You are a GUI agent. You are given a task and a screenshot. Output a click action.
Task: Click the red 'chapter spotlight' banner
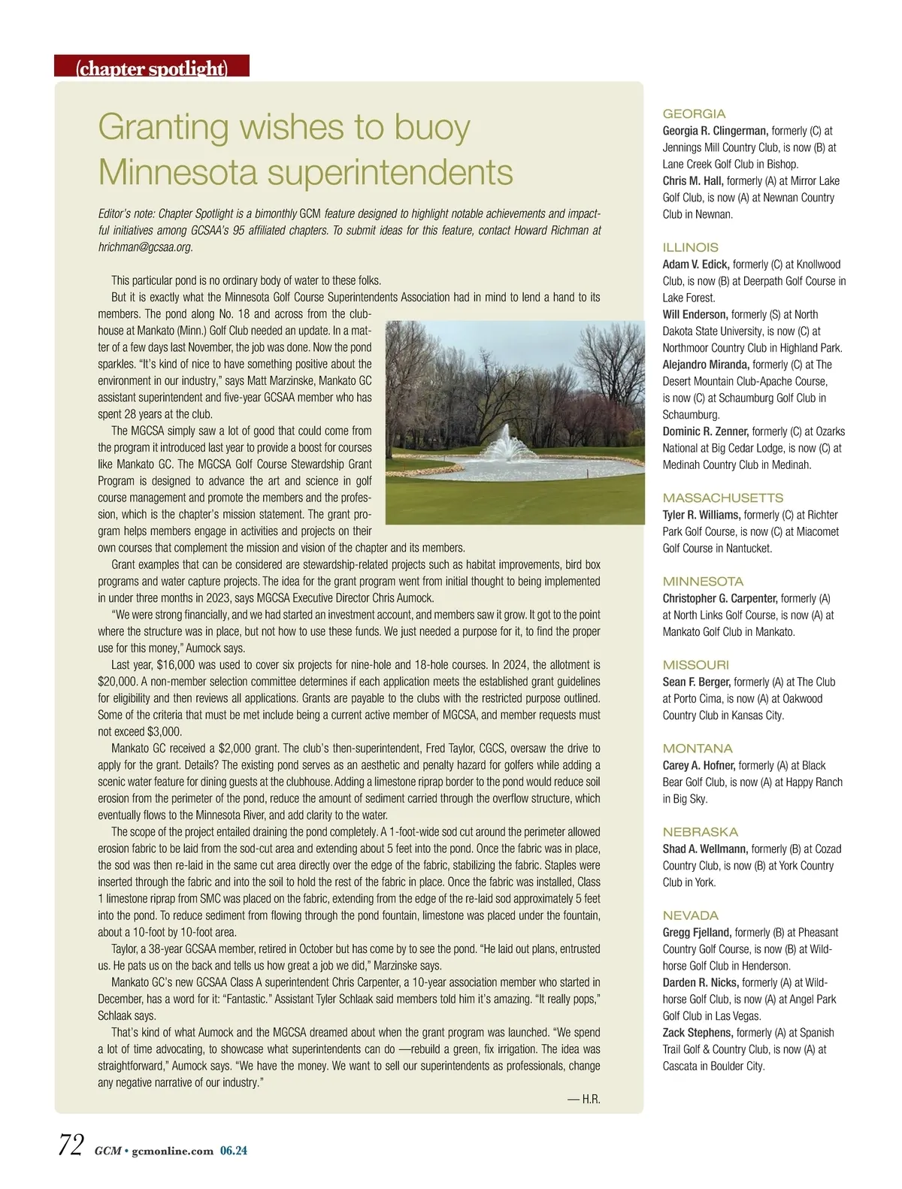click(152, 68)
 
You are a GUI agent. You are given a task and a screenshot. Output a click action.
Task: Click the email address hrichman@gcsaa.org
click(145, 247)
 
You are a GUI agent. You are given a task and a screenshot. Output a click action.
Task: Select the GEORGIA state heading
click(694, 114)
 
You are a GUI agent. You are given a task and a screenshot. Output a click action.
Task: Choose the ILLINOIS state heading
click(690, 247)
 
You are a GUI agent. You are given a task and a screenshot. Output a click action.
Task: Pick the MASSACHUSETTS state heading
click(722, 498)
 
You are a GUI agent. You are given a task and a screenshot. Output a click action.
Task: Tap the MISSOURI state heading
click(695, 665)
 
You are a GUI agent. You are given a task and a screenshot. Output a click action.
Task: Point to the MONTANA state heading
click(697, 749)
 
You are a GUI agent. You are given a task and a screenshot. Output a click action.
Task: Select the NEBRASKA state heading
click(700, 832)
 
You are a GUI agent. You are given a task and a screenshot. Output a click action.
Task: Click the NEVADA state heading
click(690, 915)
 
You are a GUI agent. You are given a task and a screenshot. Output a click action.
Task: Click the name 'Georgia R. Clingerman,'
click(715, 131)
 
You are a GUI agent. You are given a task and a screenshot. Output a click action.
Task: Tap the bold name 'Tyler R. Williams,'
click(701, 515)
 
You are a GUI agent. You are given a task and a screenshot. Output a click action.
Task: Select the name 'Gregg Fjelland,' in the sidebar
click(697, 933)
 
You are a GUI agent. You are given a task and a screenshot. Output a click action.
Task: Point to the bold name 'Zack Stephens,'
click(697, 1033)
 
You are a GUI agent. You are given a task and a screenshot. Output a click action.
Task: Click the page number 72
click(71, 1146)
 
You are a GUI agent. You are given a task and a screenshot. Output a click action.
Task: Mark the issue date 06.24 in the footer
click(233, 1151)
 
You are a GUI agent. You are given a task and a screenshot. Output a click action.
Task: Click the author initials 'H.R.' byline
click(584, 1099)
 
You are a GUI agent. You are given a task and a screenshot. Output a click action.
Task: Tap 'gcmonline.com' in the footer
click(172, 1151)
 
